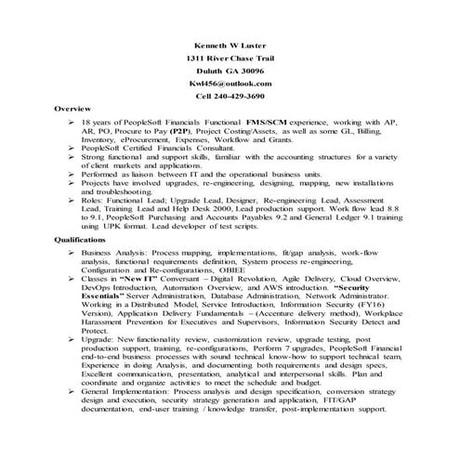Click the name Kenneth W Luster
coord(229,45)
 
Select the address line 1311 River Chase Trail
coord(229,58)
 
